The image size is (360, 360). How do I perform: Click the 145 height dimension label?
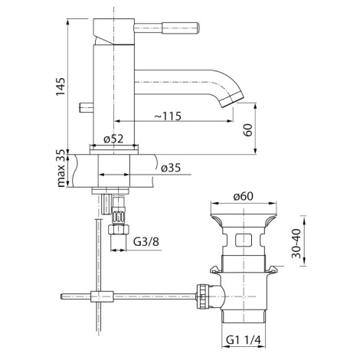point(61,87)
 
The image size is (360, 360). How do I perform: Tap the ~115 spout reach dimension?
point(168,116)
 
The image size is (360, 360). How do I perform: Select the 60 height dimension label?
point(247,130)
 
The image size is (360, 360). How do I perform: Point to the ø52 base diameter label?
point(113,139)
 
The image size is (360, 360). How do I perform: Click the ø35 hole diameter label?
point(171,168)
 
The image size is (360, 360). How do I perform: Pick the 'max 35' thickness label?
point(61,168)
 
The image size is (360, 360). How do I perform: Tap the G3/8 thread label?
point(146,241)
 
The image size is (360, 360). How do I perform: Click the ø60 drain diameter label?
point(244,196)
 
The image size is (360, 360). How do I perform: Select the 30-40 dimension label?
point(296,244)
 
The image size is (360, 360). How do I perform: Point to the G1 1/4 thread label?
point(244,340)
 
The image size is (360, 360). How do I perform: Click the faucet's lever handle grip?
point(180,28)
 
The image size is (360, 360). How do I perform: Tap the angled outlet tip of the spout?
point(233,99)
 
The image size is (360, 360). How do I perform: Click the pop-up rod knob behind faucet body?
point(87,107)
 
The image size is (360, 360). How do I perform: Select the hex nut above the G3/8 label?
point(118,228)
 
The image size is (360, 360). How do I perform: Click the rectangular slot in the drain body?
point(244,240)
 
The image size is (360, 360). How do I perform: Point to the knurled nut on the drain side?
point(203,296)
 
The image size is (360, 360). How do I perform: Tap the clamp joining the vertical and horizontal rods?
point(102,296)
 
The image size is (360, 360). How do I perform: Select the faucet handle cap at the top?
point(113,31)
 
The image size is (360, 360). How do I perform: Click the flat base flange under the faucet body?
point(114,152)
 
